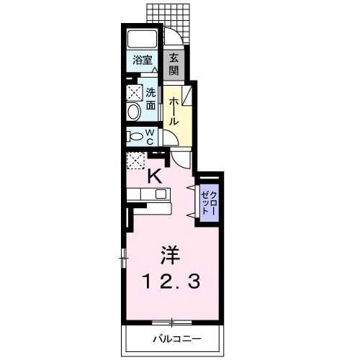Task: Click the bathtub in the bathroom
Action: pos(142,40)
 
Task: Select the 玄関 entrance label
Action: pos(174,65)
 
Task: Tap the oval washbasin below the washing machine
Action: pos(133,112)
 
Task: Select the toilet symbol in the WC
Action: pos(133,135)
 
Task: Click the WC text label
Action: pos(150,136)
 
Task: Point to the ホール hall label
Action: pos(174,112)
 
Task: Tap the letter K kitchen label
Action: pos(154,174)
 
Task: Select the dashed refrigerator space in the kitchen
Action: pos(135,160)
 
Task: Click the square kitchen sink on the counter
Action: pos(161,194)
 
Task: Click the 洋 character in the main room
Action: pos(169,255)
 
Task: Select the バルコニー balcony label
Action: pos(176,338)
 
